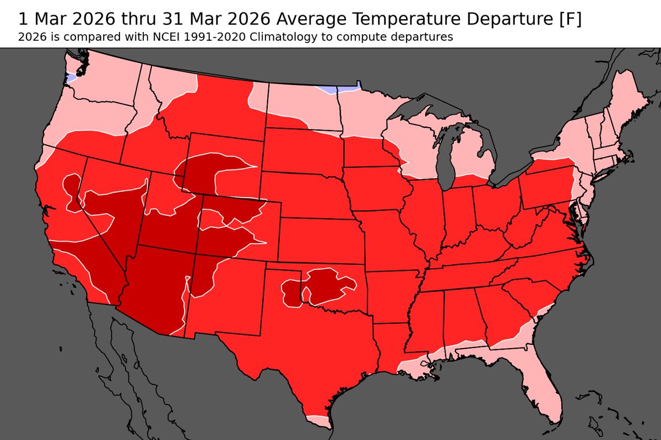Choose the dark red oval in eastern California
point(72,190)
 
